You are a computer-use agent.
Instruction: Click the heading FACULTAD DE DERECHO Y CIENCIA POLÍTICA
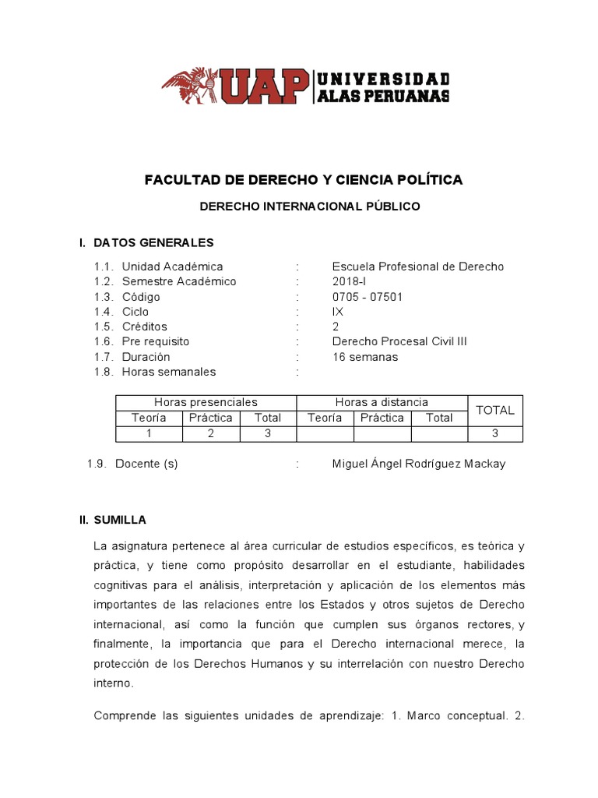304,180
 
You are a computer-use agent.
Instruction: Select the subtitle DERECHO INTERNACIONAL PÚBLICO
310,207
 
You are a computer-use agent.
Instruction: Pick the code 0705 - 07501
368,297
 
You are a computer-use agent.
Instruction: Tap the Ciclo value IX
338,312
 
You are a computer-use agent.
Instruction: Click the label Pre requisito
156,341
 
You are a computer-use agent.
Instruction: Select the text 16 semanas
365,357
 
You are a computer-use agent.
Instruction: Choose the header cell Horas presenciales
206,402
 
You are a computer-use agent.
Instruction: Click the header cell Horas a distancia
382,402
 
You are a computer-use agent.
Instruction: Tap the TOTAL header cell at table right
495,410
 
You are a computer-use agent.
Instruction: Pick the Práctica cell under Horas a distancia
382,418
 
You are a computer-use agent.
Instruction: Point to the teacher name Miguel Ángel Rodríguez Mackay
419,464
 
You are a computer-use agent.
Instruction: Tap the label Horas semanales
169,372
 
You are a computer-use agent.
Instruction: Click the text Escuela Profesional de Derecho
418,267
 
